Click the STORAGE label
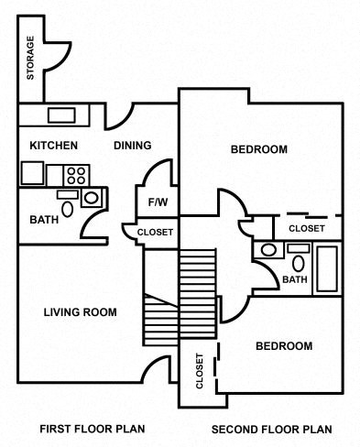click(x=31, y=58)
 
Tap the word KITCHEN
click(x=53, y=146)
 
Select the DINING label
click(x=132, y=146)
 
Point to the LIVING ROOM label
click(x=81, y=312)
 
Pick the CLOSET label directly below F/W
click(x=155, y=233)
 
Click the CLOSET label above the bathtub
click(x=306, y=228)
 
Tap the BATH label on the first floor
click(x=43, y=220)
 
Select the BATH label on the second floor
click(x=294, y=279)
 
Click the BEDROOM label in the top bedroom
click(x=258, y=149)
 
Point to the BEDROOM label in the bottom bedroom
click(x=283, y=346)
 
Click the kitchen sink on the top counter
click(x=61, y=115)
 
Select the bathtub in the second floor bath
click(x=327, y=268)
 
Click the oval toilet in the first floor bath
click(x=90, y=197)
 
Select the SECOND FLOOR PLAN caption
click(x=271, y=429)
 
